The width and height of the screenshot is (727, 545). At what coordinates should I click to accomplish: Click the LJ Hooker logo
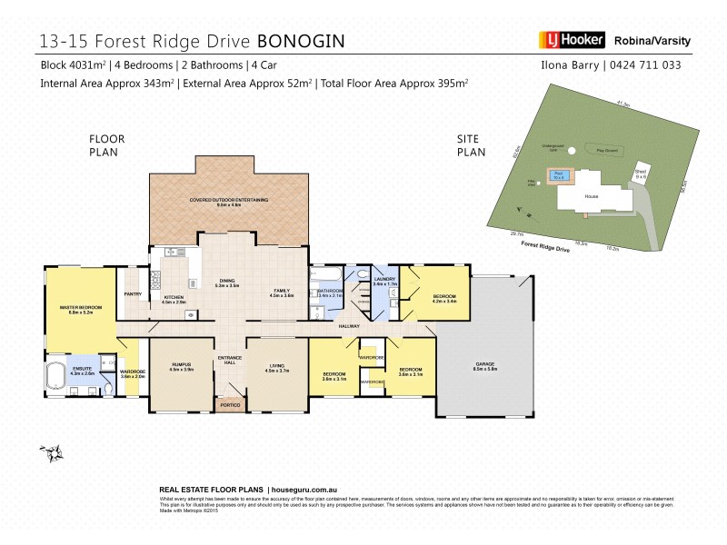click(571, 40)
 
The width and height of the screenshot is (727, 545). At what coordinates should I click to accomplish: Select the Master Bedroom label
click(80, 308)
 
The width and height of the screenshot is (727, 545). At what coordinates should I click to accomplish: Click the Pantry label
click(132, 293)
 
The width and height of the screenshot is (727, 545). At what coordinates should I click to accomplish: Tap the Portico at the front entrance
click(229, 403)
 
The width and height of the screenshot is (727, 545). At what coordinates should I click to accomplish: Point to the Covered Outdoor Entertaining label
click(228, 200)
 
